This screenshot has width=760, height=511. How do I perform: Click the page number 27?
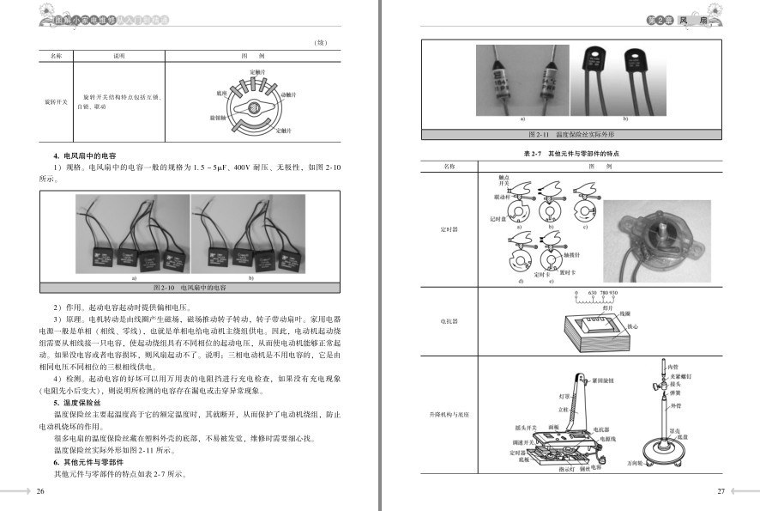pos(721,491)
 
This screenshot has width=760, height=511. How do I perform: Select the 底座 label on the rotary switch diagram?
pos(221,89)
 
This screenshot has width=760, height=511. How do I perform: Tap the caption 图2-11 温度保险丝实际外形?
pos(571,135)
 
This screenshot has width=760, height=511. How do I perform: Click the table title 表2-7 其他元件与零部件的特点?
pos(571,152)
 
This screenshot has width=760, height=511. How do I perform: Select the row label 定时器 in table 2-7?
pos(449,230)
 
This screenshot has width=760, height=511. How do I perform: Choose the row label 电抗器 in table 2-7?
pos(449,321)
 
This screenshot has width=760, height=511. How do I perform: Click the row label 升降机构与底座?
pos(449,416)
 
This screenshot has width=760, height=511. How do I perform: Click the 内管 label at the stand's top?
pos(673,368)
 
